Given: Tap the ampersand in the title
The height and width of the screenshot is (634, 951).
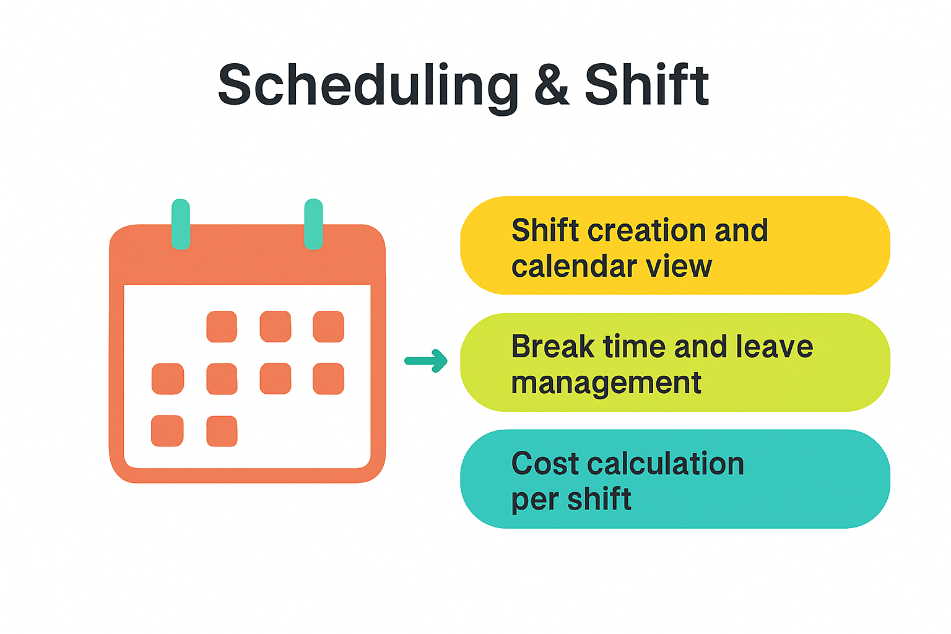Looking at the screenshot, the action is pos(552,84).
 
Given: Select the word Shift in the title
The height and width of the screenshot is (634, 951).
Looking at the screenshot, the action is pos(646,84).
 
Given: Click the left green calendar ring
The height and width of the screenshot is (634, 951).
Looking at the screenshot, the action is pos(180,224).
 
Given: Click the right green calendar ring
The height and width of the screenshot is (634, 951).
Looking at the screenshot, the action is pos(313,224).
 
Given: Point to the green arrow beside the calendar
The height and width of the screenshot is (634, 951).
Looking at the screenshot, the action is pos(426,361).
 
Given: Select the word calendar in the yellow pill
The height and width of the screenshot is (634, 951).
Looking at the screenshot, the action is pos(573,266).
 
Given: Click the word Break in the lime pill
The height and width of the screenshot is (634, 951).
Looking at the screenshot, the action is pos(552,346).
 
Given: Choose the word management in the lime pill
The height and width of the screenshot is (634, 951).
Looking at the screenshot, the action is pos(606,384).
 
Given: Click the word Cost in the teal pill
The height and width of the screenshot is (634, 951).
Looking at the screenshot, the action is pos(545,463).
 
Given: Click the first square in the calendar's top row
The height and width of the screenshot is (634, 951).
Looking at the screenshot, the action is pos(222,326).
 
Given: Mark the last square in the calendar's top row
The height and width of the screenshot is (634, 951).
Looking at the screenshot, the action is pos(328,326).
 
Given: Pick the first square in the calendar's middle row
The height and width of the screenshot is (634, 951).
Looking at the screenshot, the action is pos(168,379).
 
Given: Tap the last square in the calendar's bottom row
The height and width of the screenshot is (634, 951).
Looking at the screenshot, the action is pos(222,431).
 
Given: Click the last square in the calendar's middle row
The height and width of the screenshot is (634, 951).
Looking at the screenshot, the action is pos(328,379).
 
